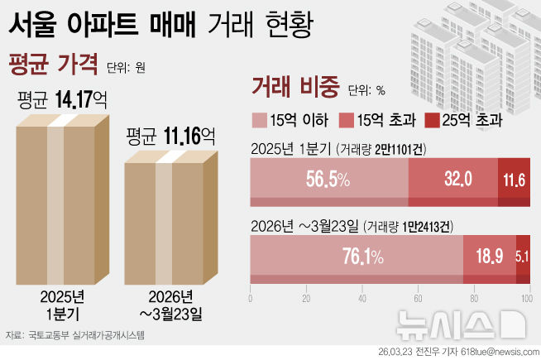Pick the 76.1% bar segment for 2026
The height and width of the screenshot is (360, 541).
(357, 257)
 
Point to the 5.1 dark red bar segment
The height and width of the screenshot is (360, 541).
(523, 257)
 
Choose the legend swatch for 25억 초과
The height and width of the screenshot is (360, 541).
(432, 120)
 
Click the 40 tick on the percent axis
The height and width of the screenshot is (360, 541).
(362, 299)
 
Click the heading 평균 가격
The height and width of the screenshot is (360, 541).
(51, 62)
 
